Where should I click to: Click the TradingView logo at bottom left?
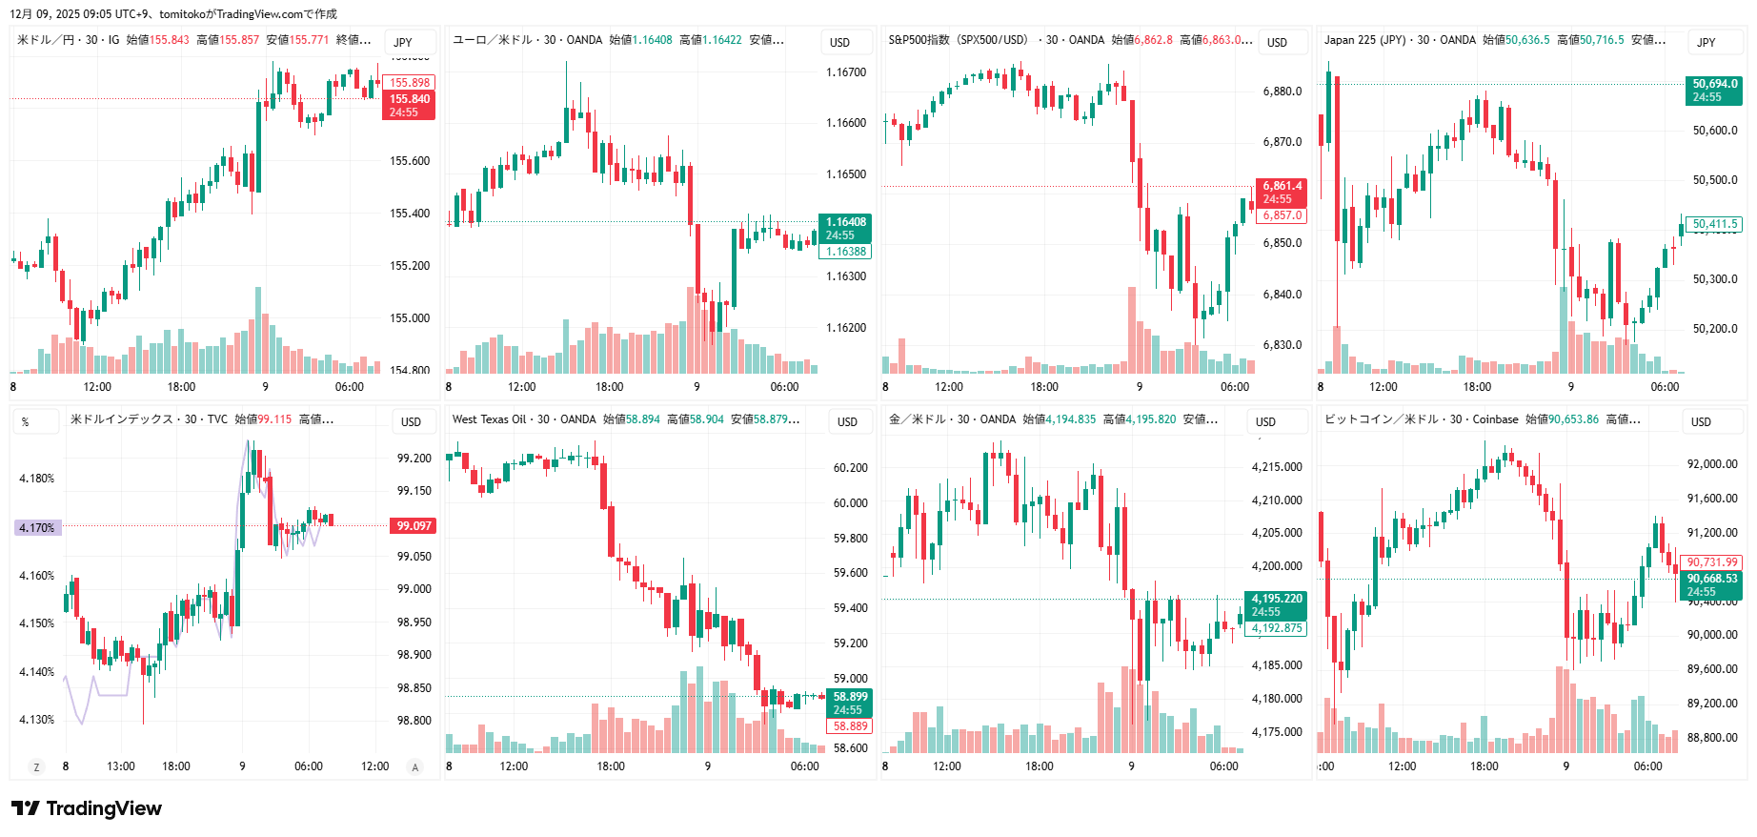coord(87,808)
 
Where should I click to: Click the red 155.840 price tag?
coord(410,105)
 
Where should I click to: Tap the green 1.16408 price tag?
coord(845,228)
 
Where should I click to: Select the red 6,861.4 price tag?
coord(1282,192)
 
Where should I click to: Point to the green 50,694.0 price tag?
coord(1714,90)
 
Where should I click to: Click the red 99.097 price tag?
coord(414,526)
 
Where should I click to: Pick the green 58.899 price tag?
coord(850,703)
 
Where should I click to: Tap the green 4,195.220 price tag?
coord(1276,604)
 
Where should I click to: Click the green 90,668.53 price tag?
coord(1712,584)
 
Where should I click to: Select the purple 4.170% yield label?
coord(37,527)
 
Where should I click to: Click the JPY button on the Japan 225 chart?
coord(1707,42)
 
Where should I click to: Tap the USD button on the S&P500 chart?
coord(1277,42)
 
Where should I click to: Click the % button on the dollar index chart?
coord(26,421)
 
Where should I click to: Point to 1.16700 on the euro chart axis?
coord(846,72)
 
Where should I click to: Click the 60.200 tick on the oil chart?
coord(851,468)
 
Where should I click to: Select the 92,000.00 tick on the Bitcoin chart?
coord(1712,464)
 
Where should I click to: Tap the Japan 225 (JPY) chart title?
coord(1364,40)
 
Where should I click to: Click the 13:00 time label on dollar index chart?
coord(121,766)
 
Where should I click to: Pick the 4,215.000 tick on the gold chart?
coord(1277,467)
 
